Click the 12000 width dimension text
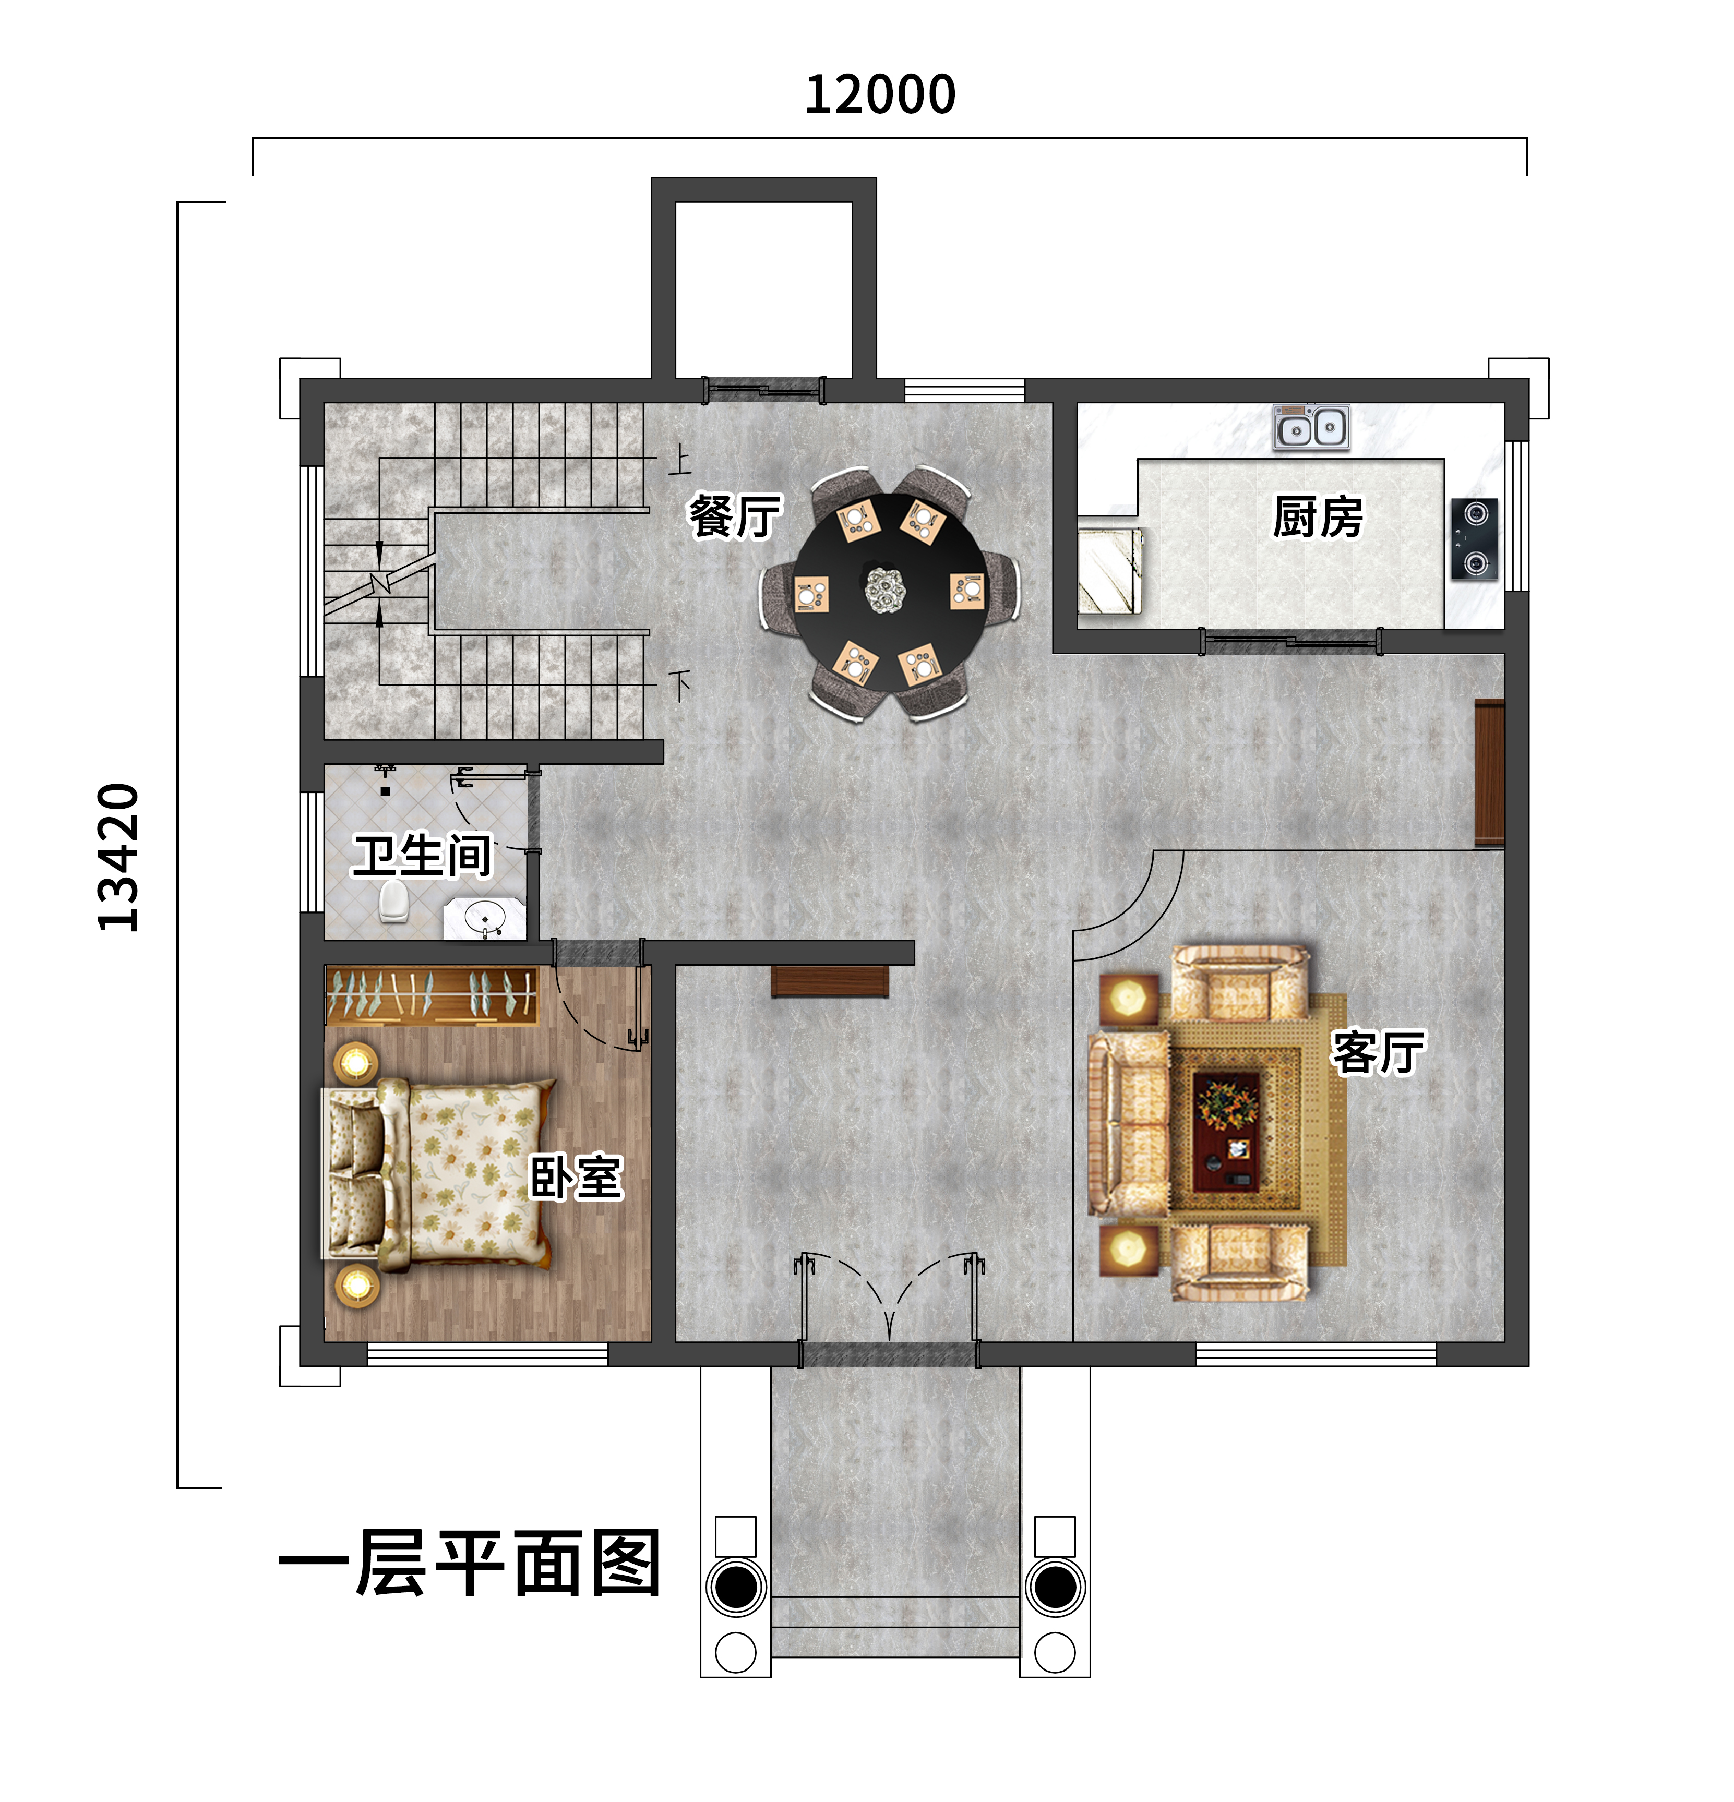[x=880, y=95]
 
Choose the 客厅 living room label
[x=1377, y=1053]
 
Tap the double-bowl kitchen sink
[x=1311, y=427]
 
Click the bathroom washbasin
[x=485, y=918]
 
